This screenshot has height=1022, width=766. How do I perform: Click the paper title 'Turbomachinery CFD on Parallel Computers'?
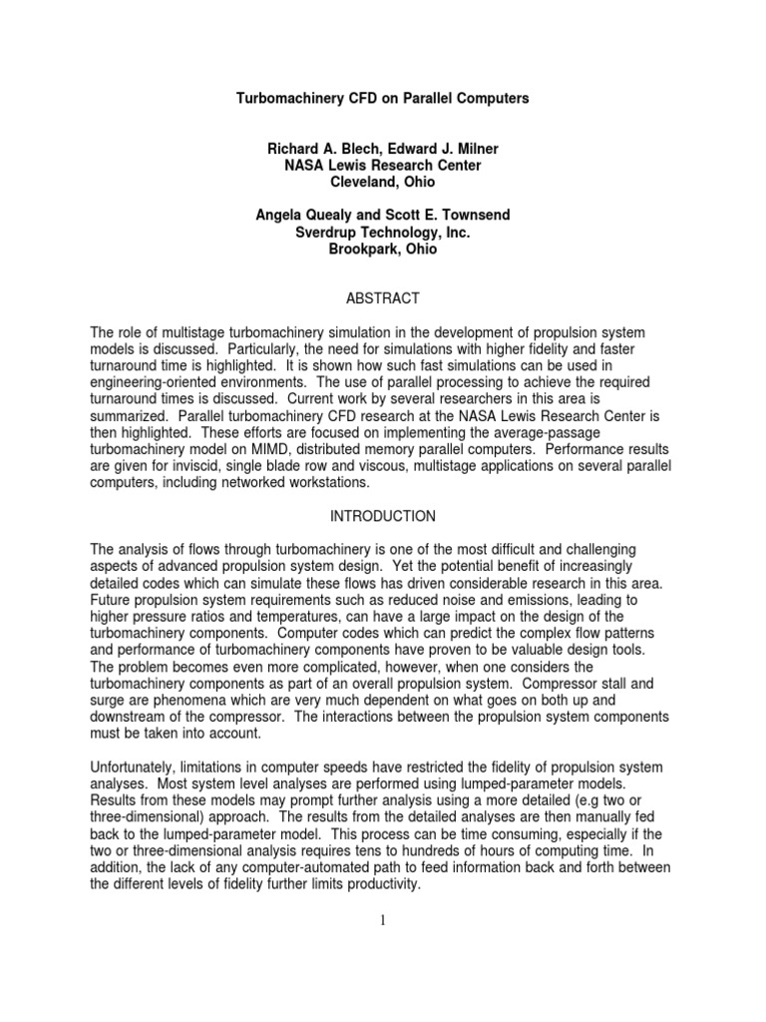[x=382, y=99]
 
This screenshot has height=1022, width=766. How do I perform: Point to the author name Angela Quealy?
[x=299, y=216]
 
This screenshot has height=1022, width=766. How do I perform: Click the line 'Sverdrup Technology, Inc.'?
[x=382, y=233]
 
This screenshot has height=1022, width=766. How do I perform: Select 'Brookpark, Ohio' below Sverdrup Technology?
[x=382, y=250]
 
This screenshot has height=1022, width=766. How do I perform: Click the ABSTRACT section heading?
[x=383, y=298]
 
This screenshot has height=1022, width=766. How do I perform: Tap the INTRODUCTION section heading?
[x=383, y=516]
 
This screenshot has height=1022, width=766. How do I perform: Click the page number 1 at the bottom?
[x=383, y=920]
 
